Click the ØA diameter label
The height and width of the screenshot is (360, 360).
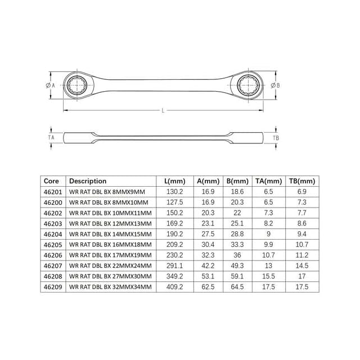coord(51,85)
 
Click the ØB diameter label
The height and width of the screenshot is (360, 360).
coord(275,85)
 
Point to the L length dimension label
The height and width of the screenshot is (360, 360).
coord(163,110)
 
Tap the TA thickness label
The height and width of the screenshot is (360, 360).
coord(51,137)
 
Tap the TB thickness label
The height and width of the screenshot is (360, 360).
coord(276,138)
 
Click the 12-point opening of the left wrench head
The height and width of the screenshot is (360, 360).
coord(77,85)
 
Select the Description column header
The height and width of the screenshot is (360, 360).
coord(88,181)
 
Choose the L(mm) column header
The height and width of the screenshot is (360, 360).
coord(175,181)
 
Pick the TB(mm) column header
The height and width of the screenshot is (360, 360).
coord(302,181)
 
